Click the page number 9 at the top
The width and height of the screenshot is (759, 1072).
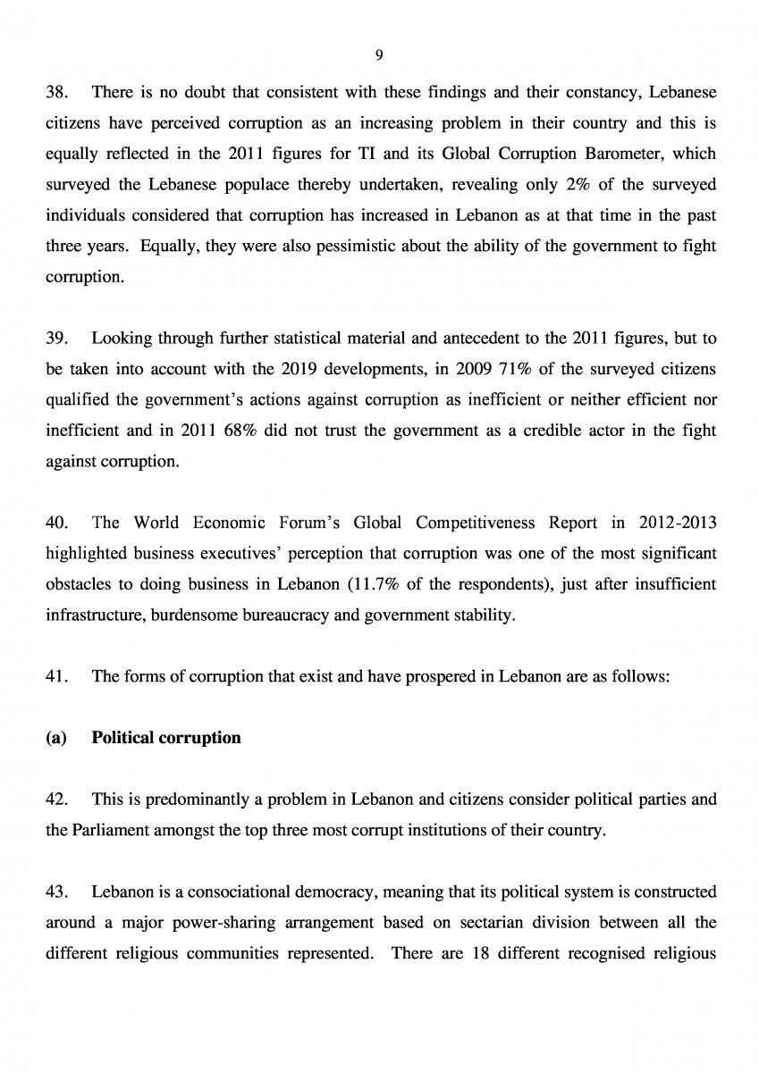379,55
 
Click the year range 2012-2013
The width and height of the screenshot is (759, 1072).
678,522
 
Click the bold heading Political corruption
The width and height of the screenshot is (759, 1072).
166,738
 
